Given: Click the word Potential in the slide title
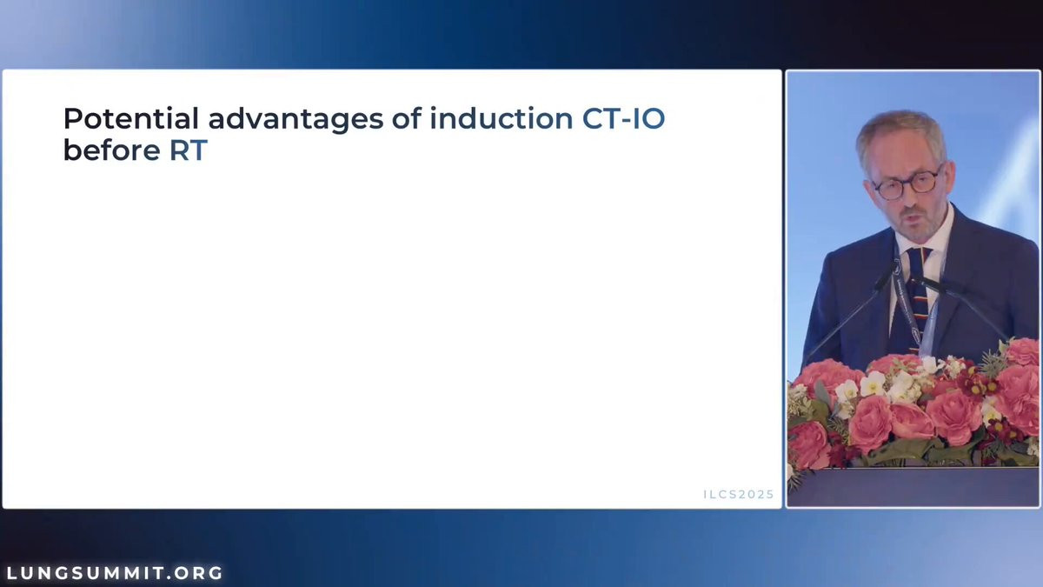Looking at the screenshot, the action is click(x=131, y=118).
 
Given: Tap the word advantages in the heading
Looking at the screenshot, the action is click(x=296, y=120).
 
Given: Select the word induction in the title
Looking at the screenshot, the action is click(x=501, y=118).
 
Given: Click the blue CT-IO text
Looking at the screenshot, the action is click(x=623, y=118).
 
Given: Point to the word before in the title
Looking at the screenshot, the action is click(x=112, y=150).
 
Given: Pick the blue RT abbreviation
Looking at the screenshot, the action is click(x=188, y=150).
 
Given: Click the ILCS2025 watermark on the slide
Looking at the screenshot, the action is click(x=739, y=494).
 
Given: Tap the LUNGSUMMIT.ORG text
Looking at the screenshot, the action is click(x=115, y=572).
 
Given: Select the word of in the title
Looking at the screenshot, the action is click(x=406, y=118).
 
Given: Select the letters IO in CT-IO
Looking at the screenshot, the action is click(x=648, y=118).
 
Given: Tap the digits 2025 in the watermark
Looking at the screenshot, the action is click(x=757, y=494).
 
